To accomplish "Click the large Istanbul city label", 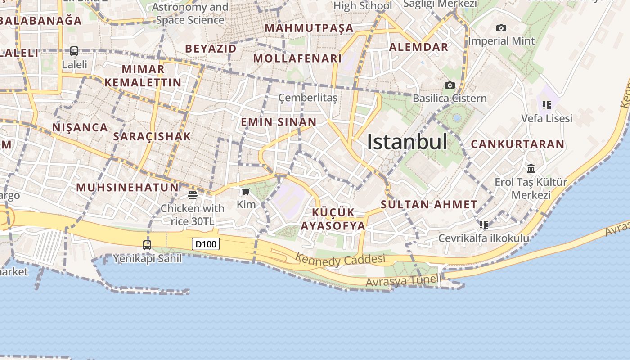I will click(407, 142).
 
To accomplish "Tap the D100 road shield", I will click(206, 244).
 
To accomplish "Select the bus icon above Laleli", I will click(74, 51).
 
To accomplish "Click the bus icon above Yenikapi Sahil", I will click(147, 245).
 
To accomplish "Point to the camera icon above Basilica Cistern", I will click(450, 85).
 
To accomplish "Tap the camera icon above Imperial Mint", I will click(501, 28).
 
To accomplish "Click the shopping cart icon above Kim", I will click(246, 192).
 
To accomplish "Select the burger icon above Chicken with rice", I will click(193, 195).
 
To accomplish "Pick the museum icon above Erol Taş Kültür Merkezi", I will click(531, 169).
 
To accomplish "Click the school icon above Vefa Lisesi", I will click(547, 105).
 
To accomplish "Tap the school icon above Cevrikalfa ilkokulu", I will click(484, 225).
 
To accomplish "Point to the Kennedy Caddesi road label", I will click(340, 260).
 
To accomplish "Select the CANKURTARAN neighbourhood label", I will click(517, 144).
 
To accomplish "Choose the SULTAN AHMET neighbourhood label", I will click(429, 204).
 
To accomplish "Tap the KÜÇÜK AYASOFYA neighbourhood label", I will click(333, 219).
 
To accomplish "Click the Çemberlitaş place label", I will click(308, 98).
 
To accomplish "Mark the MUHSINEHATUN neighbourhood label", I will click(127, 187).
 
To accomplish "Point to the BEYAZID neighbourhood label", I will click(211, 49).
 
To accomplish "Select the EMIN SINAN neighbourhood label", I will click(279, 122).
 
